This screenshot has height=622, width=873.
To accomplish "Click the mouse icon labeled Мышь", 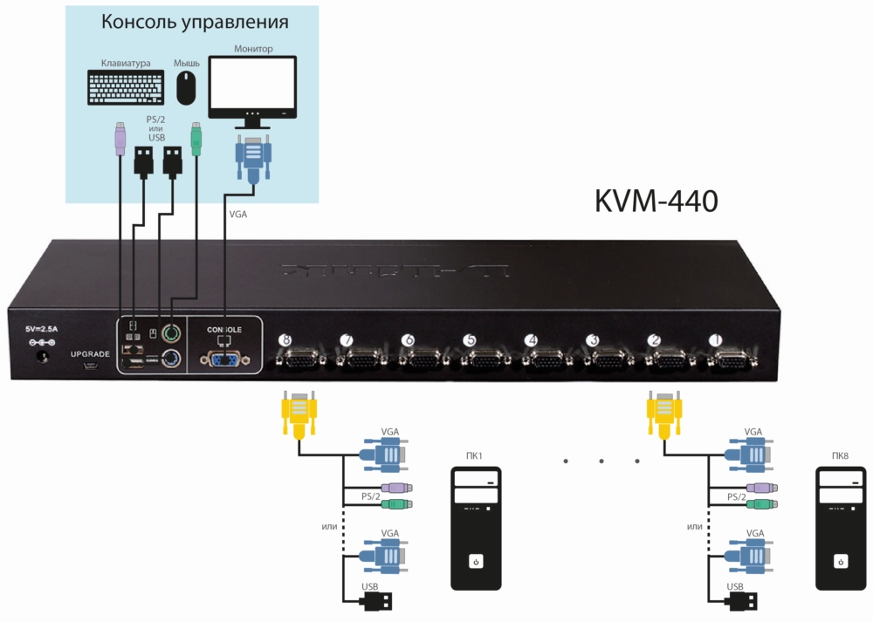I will pyautogui.click(x=186, y=88).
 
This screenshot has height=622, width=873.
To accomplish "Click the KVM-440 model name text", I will pyautogui.click(x=656, y=201).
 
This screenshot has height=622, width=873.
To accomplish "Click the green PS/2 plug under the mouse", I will pyautogui.click(x=196, y=140).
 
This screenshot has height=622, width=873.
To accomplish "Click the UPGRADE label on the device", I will pyautogui.click(x=90, y=354).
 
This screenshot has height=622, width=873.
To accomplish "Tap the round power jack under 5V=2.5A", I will pyautogui.click(x=39, y=354).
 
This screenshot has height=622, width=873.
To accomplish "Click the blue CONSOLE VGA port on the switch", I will pyautogui.click(x=224, y=359).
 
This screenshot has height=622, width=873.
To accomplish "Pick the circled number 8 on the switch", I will pyautogui.click(x=283, y=339).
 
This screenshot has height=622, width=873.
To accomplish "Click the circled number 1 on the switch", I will pyautogui.click(x=715, y=339).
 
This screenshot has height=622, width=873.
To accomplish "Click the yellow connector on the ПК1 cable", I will pyautogui.click(x=298, y=414).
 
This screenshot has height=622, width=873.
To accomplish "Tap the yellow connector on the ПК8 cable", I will pyautogui.click(x=663, y=414).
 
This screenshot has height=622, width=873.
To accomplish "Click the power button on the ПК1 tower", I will pyautogui.click(x=476, y=561).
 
